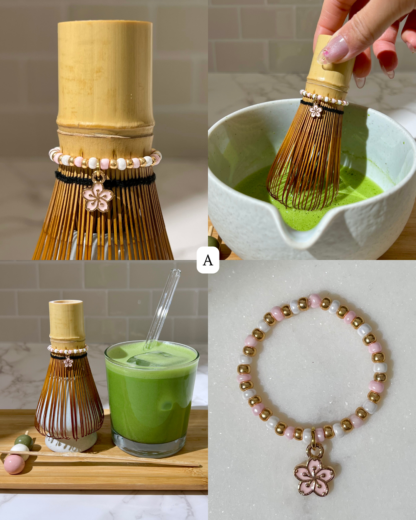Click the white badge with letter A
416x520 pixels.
[208, 260]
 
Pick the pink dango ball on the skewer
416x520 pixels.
[14, 464]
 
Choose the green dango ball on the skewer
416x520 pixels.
[24, 441]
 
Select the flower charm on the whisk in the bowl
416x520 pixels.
[316, 111]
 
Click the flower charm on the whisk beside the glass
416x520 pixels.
[68, 362]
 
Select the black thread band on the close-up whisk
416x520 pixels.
[105, 179]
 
